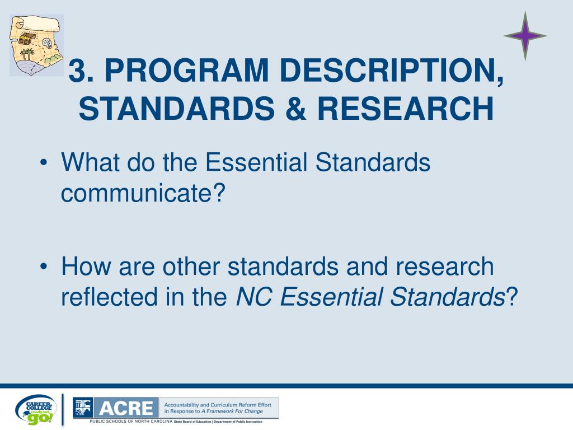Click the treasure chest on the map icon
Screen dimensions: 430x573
click(x=26, y=38)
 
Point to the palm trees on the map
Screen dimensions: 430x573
click(x=27, y=55)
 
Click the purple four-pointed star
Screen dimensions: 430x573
click(x=524, y=36)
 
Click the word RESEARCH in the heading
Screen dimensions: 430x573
click(x=406, y=109)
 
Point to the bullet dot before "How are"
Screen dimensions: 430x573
click(x=44, y=268)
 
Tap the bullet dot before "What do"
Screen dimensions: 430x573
click(x=44, y=163)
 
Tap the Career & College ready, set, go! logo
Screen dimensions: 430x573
click(x=36, y=409)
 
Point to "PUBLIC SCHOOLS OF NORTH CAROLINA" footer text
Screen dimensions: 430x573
click(x=131, y=421)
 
